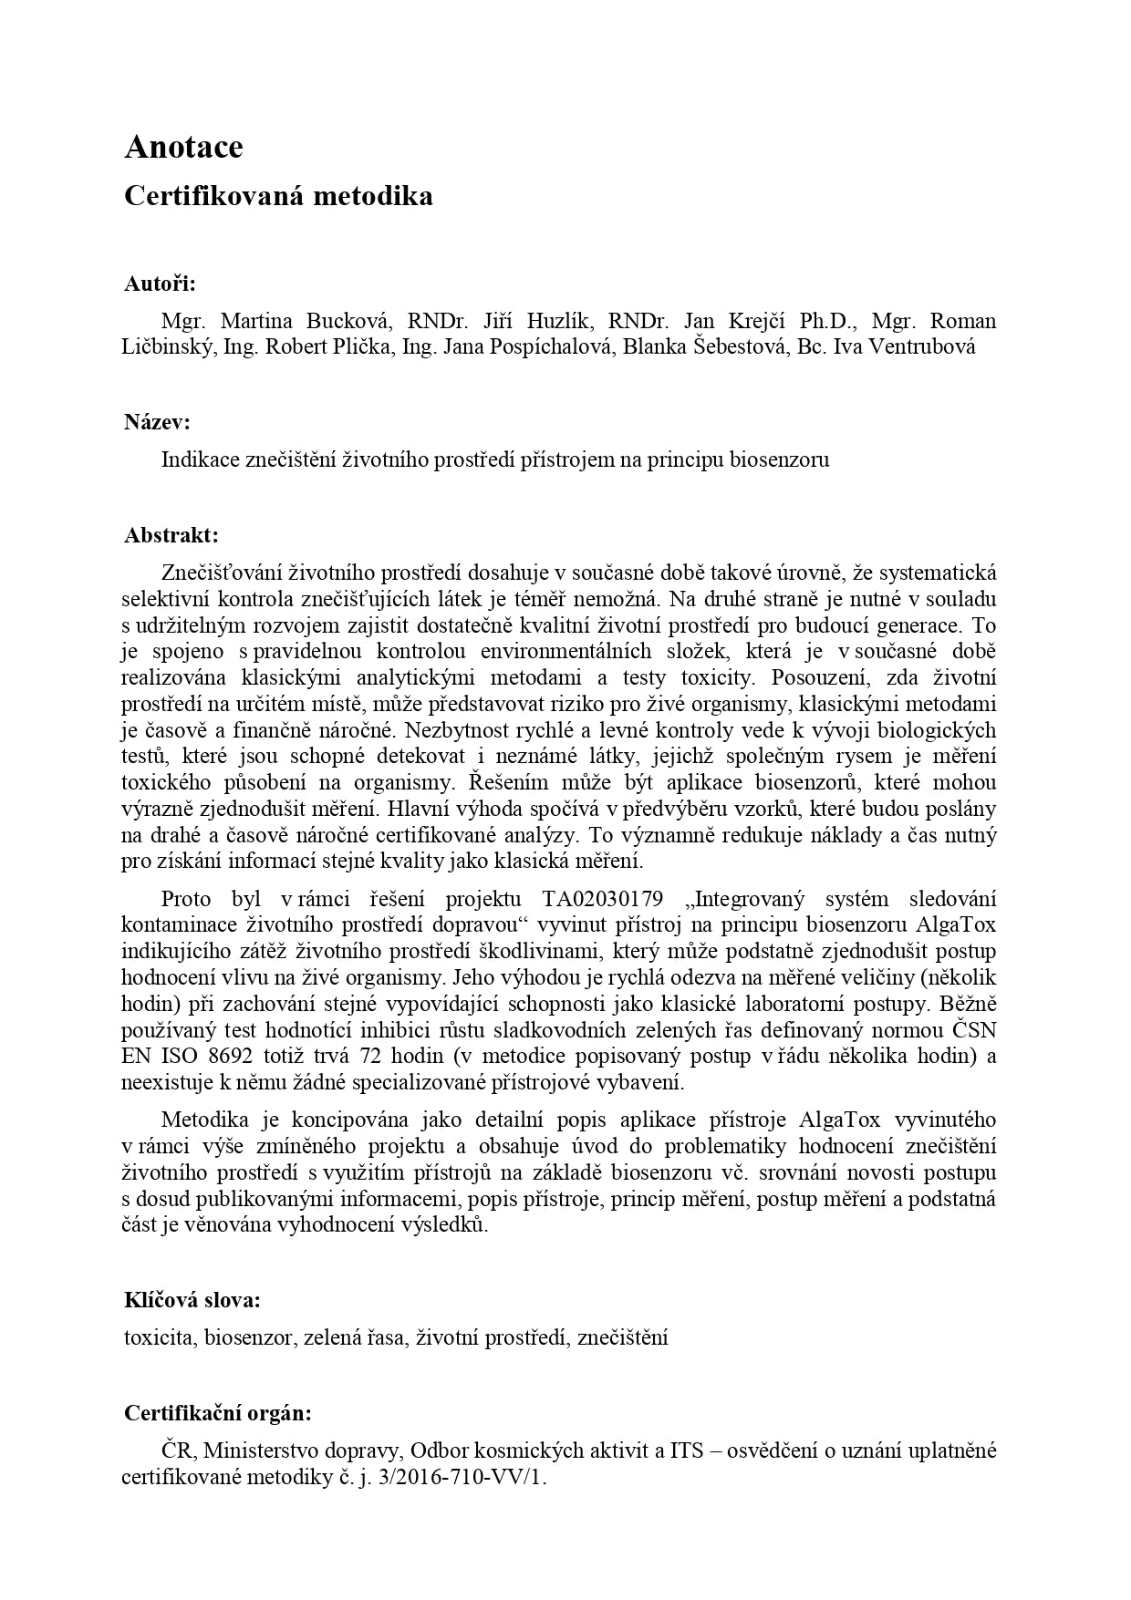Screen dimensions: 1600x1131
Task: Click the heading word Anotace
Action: coord(183,147)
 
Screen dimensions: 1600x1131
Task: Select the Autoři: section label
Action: coord(160,284)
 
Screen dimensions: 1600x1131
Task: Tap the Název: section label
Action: coord(157,422)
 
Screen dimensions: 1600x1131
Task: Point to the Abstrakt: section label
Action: coord(171,535)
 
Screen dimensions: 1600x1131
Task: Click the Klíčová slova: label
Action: coord(192,1300)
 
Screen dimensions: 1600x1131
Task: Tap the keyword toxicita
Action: coord(159,1338)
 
